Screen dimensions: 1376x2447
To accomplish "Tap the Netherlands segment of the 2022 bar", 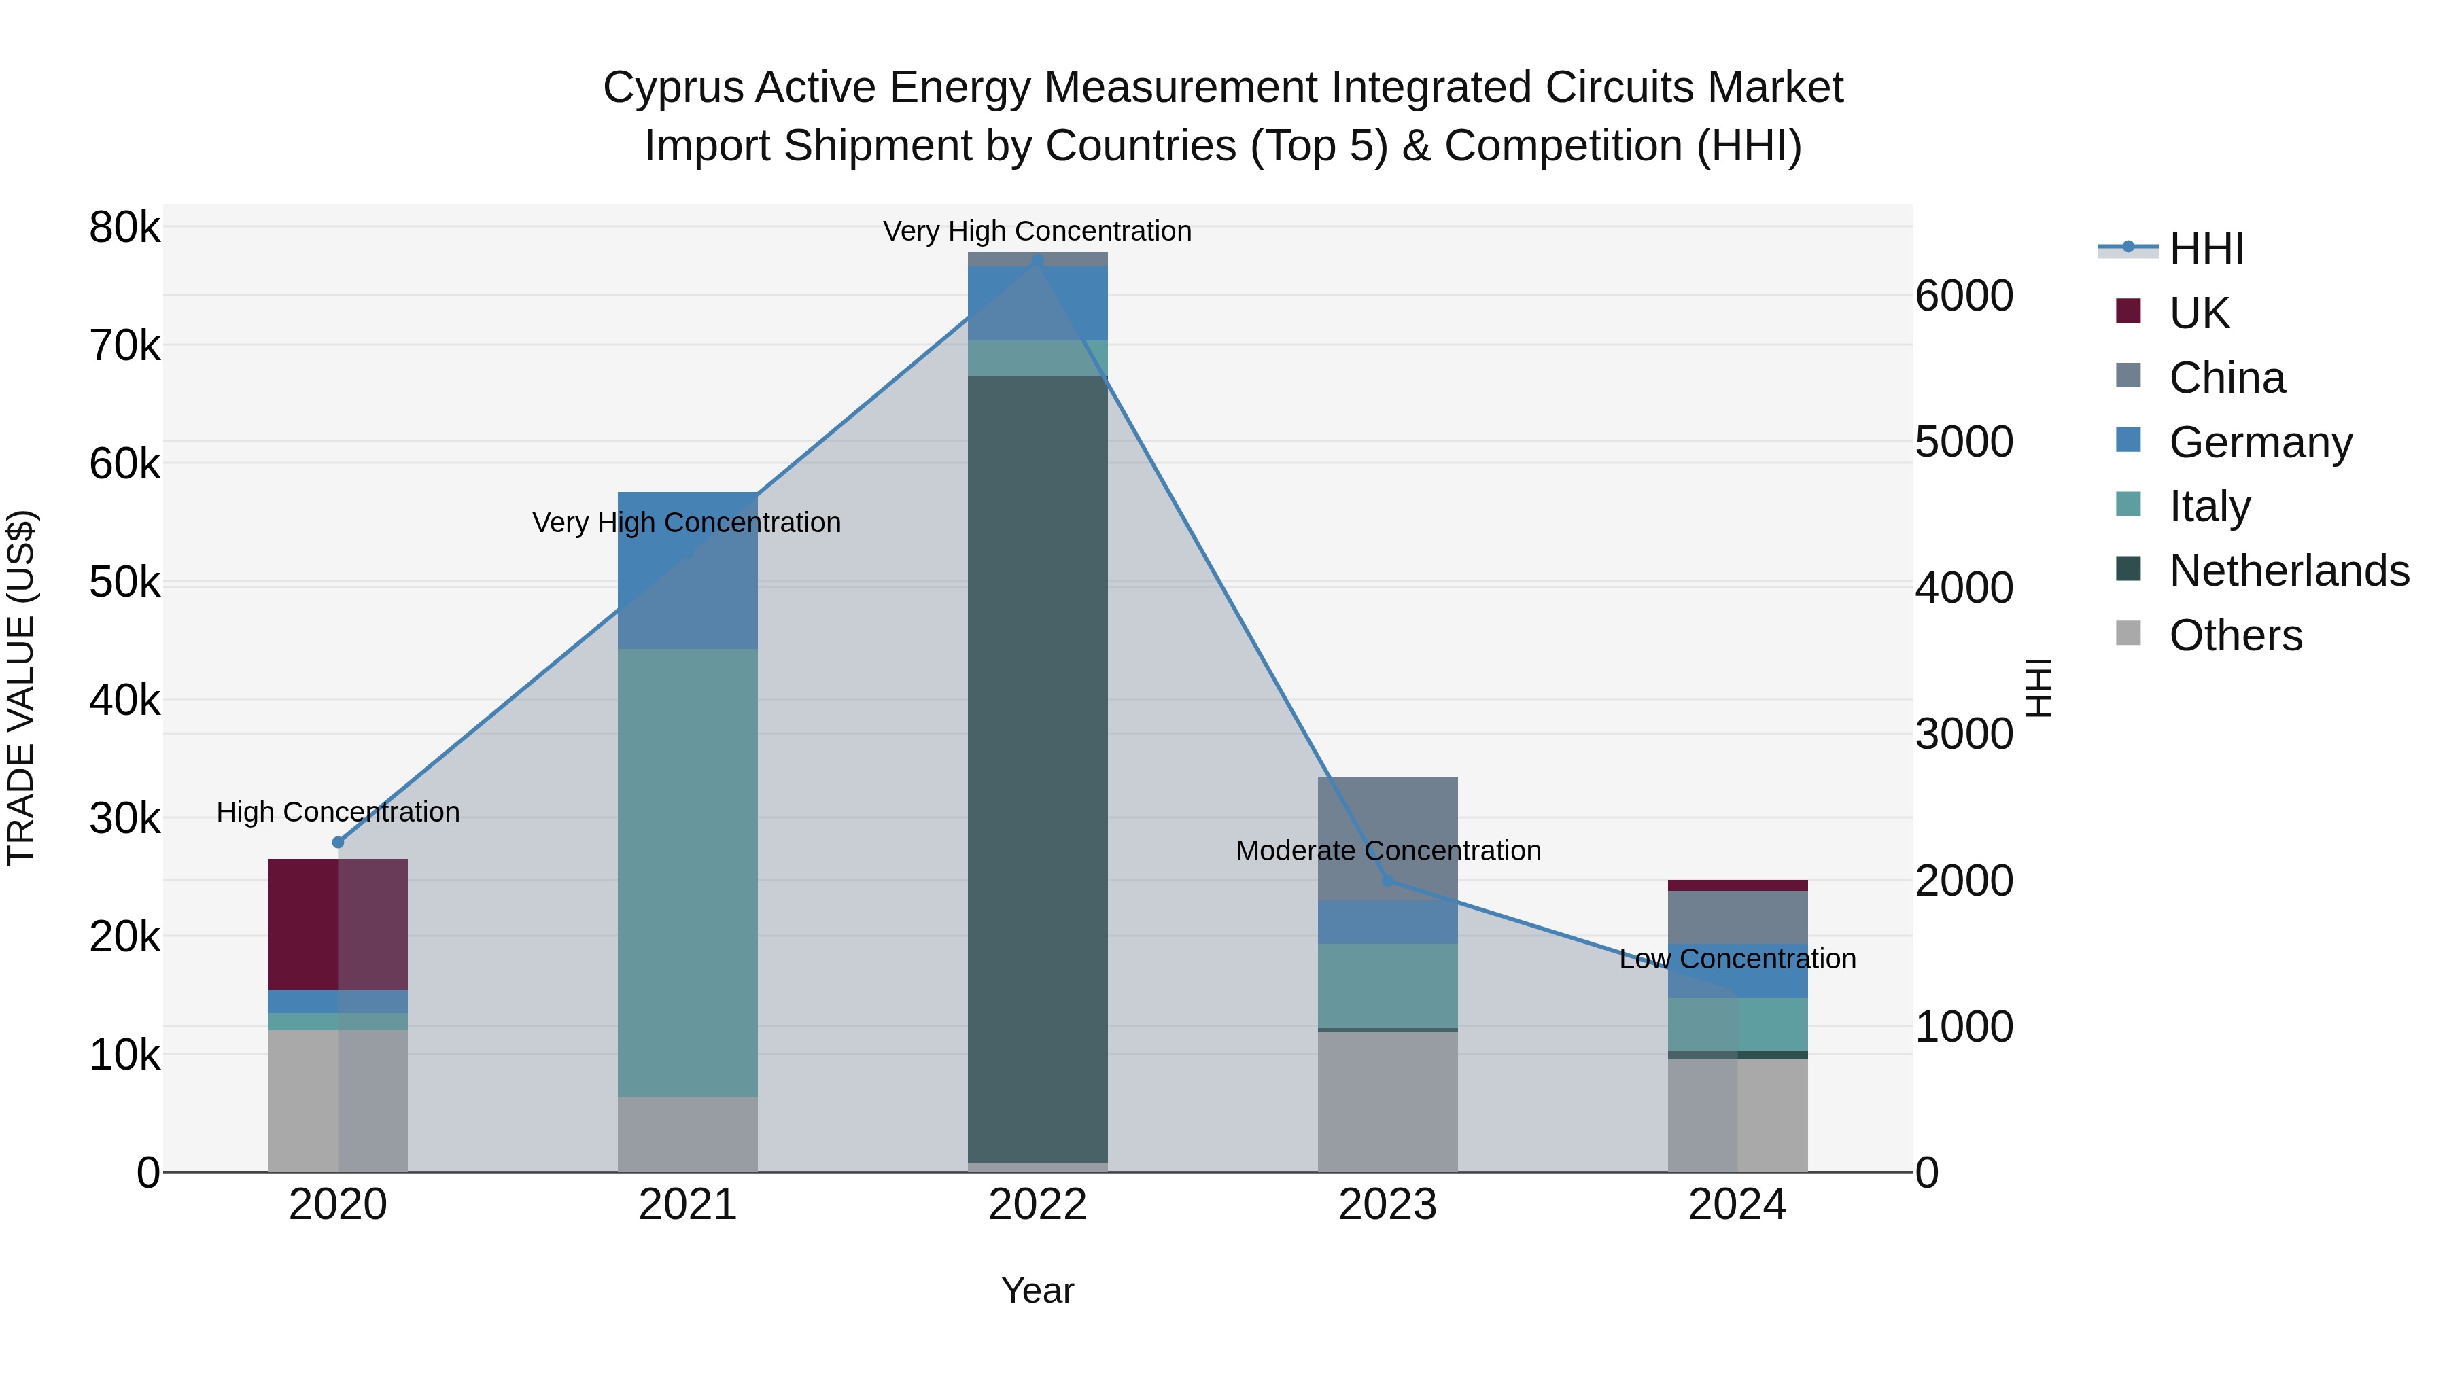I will click(x=1037, y=769).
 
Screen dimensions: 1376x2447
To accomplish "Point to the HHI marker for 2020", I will click(x=339, y=843).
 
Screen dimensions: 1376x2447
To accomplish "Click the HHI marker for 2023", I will click(x=1388, y=880).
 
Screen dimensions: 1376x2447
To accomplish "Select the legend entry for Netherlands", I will click(x=2289, y=571).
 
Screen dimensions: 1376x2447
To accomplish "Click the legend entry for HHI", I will click(x=2206, y=249).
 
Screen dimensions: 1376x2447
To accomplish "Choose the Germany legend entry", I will click(x=2260, y=442).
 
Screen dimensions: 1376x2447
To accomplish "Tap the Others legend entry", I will click(x=2234, y=635).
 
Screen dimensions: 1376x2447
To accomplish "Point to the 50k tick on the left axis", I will click(x=124, y=582).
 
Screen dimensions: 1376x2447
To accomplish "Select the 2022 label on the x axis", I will click(x=1037, y=1205).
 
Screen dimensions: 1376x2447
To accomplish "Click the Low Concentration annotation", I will click(x=1737, y=959).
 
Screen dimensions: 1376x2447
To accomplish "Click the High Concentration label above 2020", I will click(x=339, y=812).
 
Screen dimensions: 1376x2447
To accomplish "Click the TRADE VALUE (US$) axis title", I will click(x=21, y=688).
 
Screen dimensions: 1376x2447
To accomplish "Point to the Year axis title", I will click(x=1037, y=1290).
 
